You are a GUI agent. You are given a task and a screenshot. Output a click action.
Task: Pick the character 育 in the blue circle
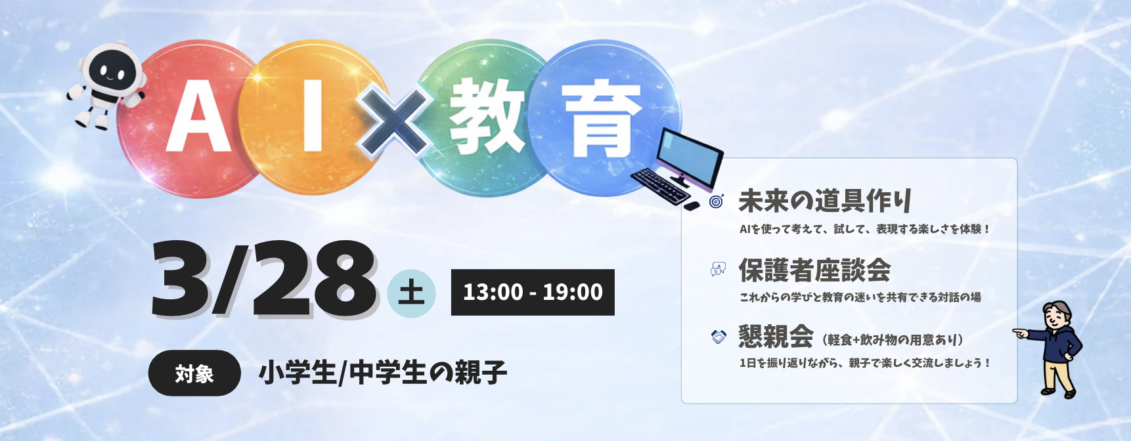click(x=602, y=121)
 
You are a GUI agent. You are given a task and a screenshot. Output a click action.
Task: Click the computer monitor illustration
click(x=690, y=158)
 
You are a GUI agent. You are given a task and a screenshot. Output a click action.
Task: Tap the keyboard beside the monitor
click(x=660, y=186)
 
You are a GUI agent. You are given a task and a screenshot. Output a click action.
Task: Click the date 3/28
click(x=264, y=279)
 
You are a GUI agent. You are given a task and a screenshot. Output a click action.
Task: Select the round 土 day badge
click(x=411, y=293)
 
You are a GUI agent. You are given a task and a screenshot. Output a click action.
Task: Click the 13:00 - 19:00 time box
click(x=533, y=292)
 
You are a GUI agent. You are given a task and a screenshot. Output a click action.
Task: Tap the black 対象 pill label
click(x=194, y=373)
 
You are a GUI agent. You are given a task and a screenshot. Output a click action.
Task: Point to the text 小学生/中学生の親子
click(x=383, y=373)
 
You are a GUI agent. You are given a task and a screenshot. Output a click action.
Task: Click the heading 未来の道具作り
click(x=825, y=201)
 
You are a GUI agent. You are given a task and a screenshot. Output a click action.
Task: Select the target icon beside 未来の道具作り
click(x=717, y=201)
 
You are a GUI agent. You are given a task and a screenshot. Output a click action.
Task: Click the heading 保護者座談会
click(x=814, y=270)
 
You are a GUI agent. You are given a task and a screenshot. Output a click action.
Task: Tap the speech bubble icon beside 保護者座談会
click(x=718, y=269)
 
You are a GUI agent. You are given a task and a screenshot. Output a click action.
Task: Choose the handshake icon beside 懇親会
click(x=719, y=337)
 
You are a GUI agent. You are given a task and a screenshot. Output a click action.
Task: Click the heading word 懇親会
click(x=776, y=337)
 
